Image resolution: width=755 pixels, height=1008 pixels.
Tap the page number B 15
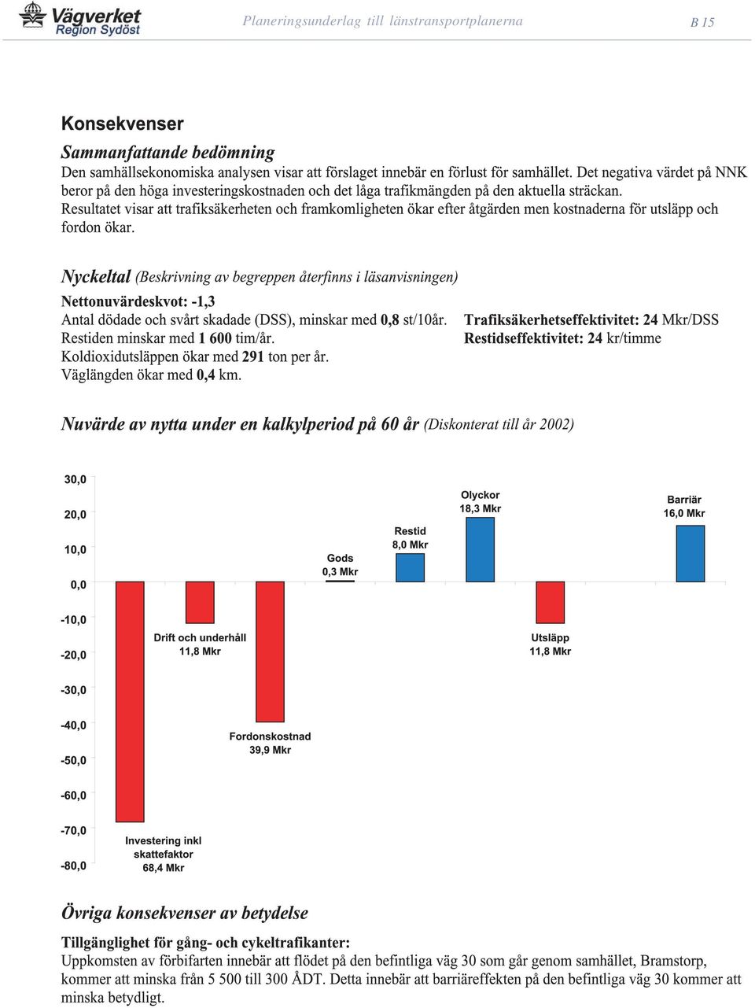point(702,22)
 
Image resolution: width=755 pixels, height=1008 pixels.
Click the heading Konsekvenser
point(122,124)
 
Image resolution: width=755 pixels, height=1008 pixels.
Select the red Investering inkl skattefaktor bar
point(130,702)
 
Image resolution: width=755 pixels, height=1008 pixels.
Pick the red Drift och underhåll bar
point(200,603)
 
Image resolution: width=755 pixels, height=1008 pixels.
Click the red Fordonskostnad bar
point(270,652)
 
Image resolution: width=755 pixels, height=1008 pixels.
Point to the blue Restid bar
point(410,567)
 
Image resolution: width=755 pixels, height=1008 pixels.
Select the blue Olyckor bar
point(480,550)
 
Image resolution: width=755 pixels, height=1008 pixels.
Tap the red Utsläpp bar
point(551,603)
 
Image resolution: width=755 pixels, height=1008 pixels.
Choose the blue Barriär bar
point(691,554)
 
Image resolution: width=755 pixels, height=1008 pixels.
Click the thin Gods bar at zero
point(340,581)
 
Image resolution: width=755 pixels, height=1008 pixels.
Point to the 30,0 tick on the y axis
point(75,479)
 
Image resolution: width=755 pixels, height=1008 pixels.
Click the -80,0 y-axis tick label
point(73,866)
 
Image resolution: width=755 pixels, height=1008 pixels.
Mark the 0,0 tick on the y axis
point(79,585)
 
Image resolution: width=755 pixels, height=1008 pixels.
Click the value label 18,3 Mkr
point(480,508)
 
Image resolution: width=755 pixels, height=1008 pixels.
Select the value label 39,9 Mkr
point(270,749)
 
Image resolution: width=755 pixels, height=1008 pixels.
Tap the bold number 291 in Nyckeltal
point(253,356)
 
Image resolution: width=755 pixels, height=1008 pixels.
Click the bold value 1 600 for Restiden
point(215,338)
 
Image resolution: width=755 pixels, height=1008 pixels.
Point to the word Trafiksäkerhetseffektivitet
point(551,319)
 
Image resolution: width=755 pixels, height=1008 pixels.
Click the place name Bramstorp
point(673,960)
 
